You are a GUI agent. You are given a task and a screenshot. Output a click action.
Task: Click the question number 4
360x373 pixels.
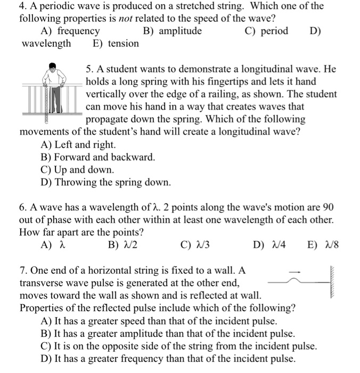click(x=23, y=6)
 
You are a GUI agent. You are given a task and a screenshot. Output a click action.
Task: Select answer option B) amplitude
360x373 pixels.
click(x=173, y=31)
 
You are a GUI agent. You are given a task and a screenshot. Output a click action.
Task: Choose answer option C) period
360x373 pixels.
click(x=266, y=31)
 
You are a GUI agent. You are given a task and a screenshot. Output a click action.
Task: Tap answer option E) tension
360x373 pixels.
click(x=116, y=44)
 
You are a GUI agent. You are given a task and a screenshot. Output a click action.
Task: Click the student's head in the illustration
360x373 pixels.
click(x=52, y=67)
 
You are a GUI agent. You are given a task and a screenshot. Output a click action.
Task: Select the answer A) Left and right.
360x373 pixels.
click(x=78, y=144)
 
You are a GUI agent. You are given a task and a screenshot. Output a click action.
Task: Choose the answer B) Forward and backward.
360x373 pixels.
click(x=98, y=157)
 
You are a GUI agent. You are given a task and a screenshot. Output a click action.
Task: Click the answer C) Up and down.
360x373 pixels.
click(x=77, y=170)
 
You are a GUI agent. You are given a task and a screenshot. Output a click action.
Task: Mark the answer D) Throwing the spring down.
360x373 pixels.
click(x=105, y=183)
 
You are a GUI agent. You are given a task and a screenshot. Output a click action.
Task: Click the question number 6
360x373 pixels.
click(x=23, y=207)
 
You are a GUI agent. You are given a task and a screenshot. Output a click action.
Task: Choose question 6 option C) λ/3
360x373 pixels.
click(x=193, y=245)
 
